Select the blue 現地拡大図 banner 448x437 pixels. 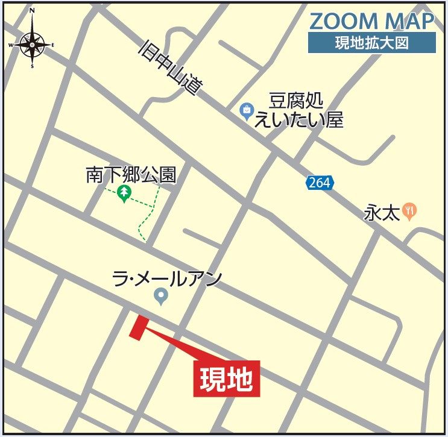tap(371, 43)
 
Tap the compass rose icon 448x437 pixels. tap(32, 44)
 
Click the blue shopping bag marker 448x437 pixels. tap(247, 111)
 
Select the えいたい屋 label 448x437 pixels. tap(298, 120)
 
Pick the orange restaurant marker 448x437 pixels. tap(410, 210)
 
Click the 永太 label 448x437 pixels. tap(382, 213)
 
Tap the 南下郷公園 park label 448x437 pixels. tap(131, 175)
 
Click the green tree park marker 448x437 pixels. tap(124, 193)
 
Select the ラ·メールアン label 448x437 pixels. tap(167, 278)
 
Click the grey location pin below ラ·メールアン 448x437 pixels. tap(160, 295)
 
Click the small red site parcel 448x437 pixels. tap(138, 327)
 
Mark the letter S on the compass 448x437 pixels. tap(32, 66)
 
